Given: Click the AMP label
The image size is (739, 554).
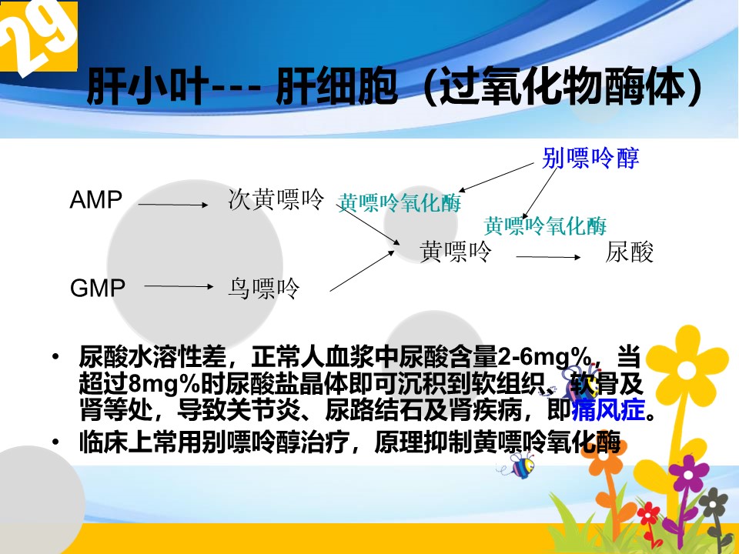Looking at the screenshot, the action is pos(96,200).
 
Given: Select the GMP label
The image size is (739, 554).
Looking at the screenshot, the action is pos(98,288).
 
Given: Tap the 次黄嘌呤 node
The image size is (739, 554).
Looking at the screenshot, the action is pos(276,199).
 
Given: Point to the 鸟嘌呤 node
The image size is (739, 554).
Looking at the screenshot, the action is pos(264,289).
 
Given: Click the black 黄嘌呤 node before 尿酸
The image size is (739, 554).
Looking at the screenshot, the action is pos(456,251).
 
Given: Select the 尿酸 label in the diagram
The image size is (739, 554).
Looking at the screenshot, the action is pos(630,252).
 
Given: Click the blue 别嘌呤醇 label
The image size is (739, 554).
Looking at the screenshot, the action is pos(590,158).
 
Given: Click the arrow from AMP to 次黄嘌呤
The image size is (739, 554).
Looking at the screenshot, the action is pos(173,205).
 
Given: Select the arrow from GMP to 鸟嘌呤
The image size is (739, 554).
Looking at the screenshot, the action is pos(179,286).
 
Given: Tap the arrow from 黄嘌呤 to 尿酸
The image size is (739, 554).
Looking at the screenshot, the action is pos(548,257).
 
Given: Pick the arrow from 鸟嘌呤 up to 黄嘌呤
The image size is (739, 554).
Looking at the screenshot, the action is pos(362,271).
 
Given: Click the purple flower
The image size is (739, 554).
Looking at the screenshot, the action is pos(688,472).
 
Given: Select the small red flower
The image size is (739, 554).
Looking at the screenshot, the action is pos(649,513).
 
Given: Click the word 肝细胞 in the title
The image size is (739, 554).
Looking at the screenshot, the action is pos(336,87).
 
